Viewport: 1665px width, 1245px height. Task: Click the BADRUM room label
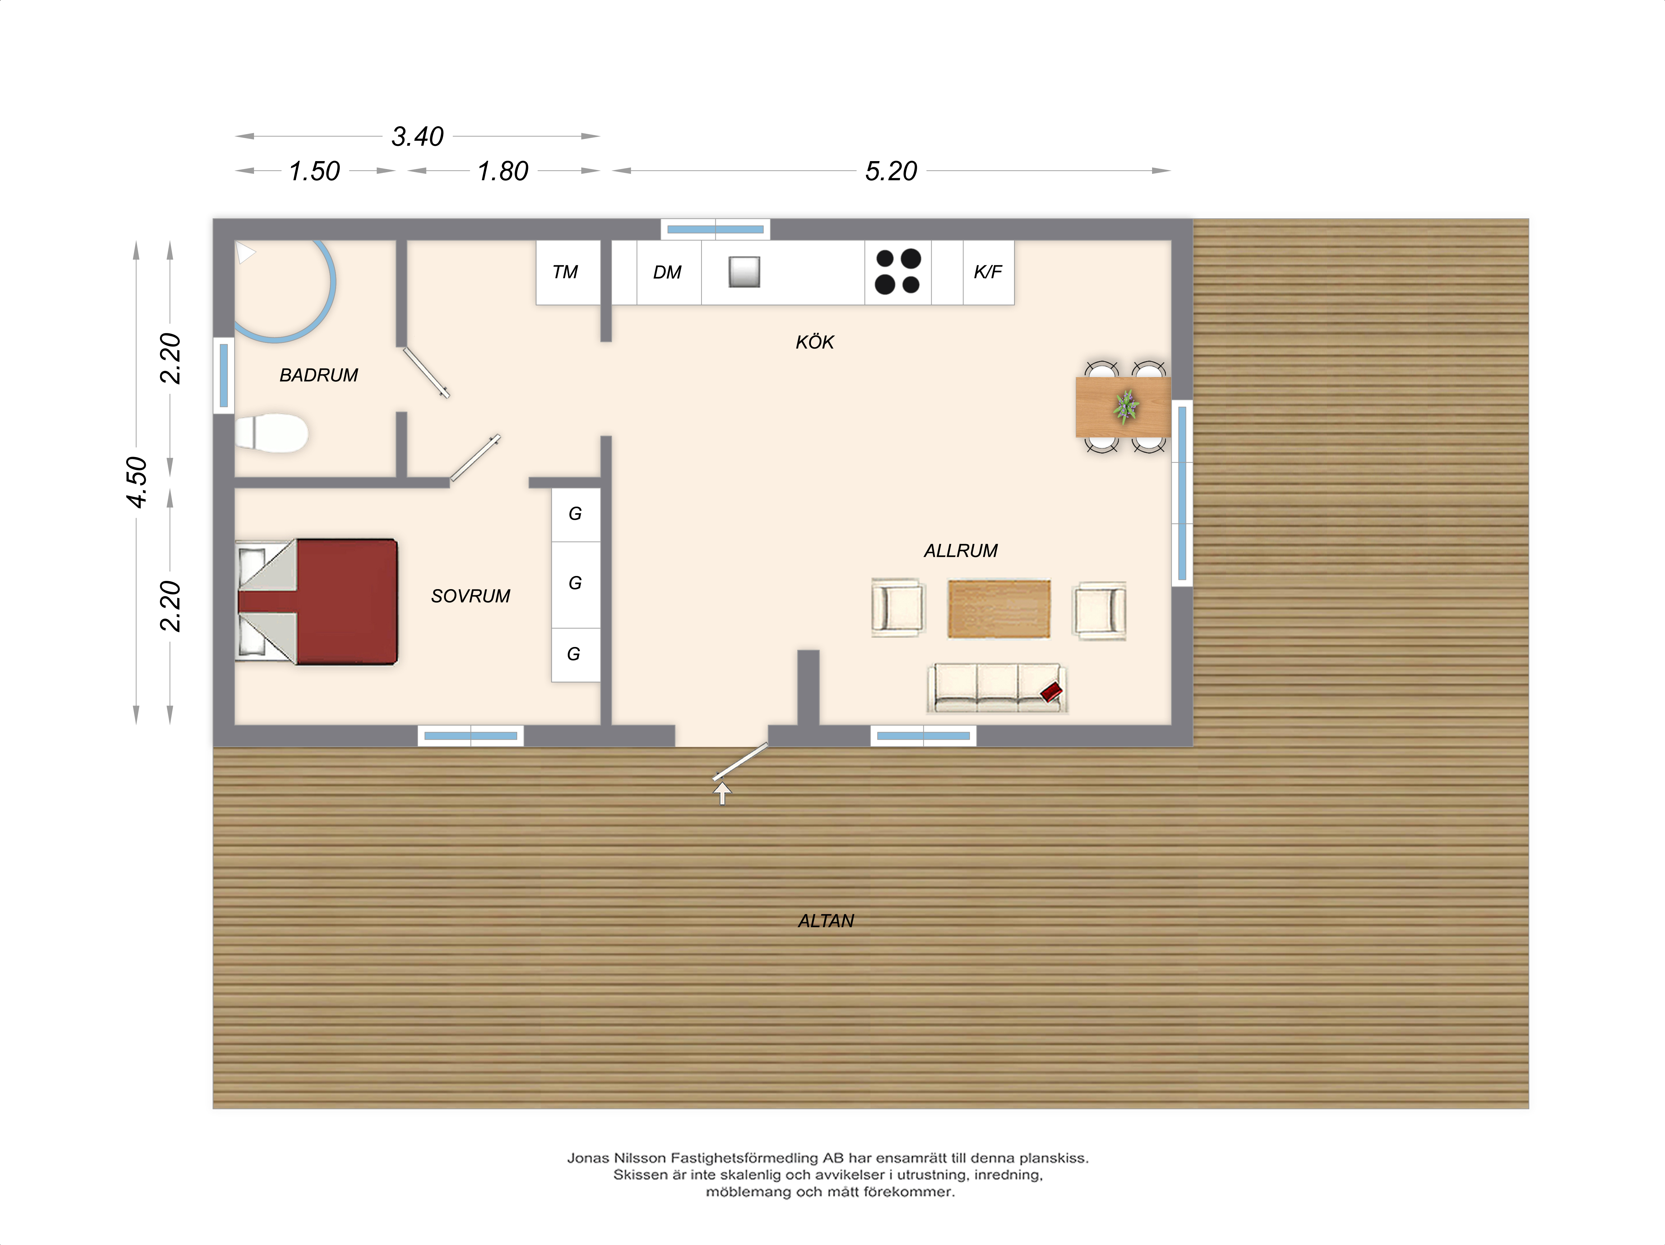pyautogui.click(x=318, y=375)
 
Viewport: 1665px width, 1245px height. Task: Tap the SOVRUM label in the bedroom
pyautogui.click(x=471, y=596)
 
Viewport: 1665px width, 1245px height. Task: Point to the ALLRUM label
pyautogui.click(x=960, y=551)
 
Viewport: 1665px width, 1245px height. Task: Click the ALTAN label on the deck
pyautogui.click(x=826, y=921)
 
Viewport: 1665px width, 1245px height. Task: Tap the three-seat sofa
pyautogui.click(x=997, y=688)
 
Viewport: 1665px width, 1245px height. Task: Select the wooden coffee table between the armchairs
pyautogui.click(x=999, y=609)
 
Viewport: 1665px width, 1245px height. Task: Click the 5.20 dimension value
pyautogui.click(x=891, y=171)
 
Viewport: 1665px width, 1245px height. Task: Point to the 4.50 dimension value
pyautogui.click(x=136, y=482)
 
